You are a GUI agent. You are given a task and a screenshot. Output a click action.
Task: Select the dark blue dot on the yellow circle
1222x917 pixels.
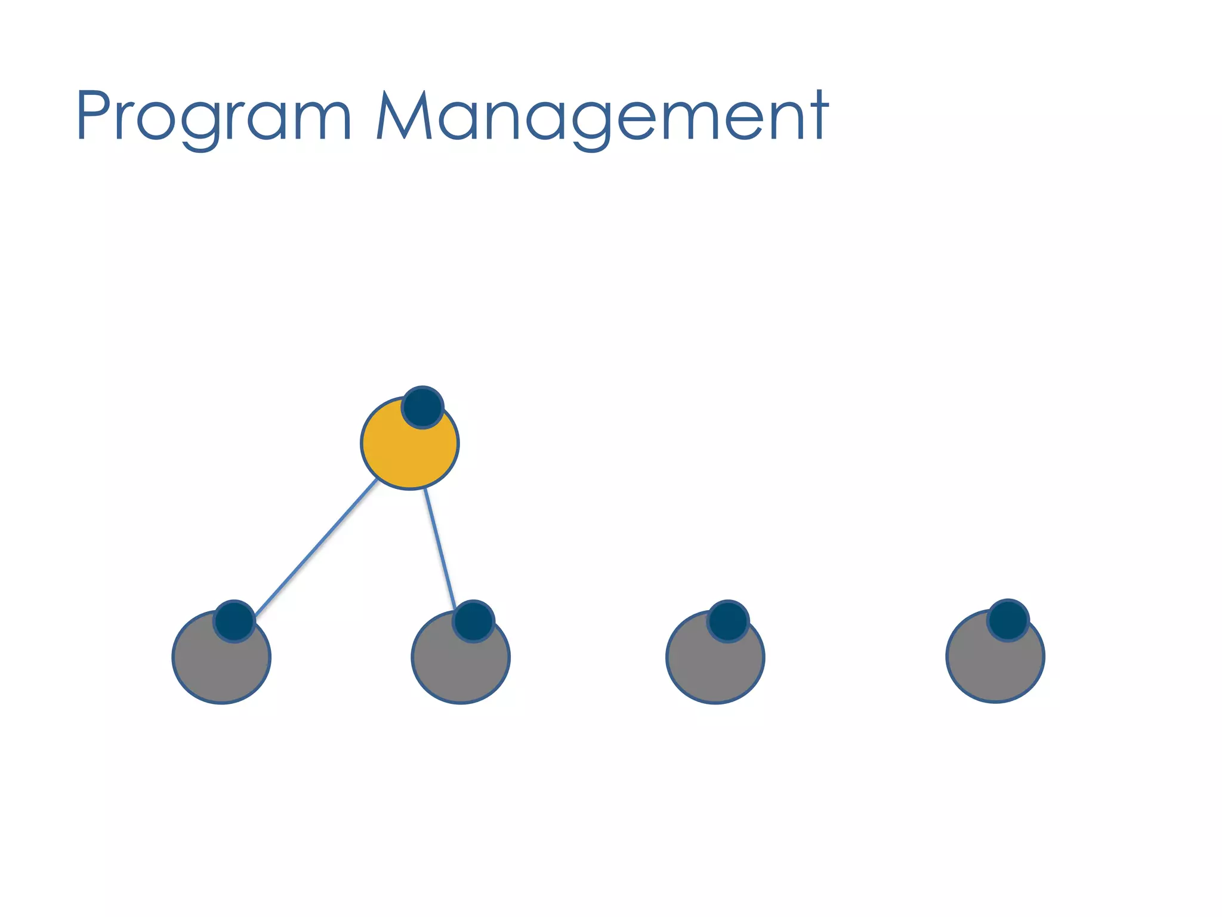(x=422, y=407)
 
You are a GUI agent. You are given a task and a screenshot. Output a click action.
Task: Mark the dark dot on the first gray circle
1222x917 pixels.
(x=234, y=621)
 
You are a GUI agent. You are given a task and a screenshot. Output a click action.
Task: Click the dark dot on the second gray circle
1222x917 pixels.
(x=473, y=621)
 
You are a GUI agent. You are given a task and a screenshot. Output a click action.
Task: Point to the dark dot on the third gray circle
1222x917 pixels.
(x=728, y=621)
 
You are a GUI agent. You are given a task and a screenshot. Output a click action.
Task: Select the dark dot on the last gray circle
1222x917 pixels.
(x=1008, y=620)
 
